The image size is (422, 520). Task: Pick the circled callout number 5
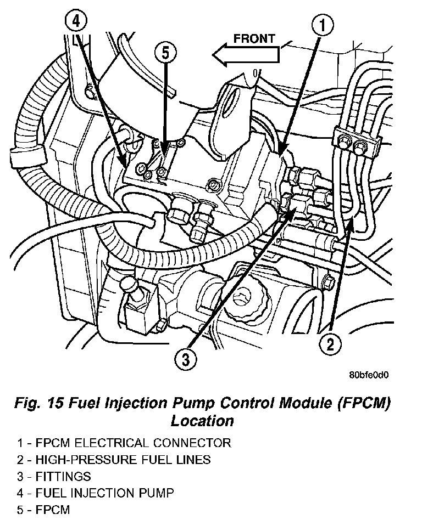165,53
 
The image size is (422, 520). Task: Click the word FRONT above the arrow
254,38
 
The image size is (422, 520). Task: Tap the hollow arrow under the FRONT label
246,55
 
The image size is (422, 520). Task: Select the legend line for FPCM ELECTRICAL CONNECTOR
124,443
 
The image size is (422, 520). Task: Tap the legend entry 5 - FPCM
43,510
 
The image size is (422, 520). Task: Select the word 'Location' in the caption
202,421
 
